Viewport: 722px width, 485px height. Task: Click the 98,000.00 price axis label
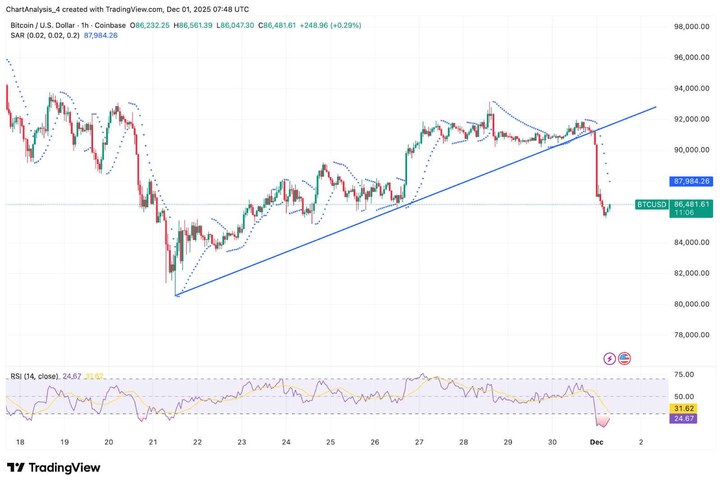tap(691, 27)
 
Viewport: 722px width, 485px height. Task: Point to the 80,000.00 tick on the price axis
tap(691, 304)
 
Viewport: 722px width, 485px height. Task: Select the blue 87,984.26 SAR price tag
tap(691, 182)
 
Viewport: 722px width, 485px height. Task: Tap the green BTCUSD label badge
tap(652, 205)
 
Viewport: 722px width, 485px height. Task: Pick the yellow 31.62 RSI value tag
tap(684, 409)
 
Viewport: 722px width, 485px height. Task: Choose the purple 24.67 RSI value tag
tap(684, 419)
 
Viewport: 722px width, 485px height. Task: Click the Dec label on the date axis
tap(597, 442)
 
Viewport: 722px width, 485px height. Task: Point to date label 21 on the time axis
tap(153, 442)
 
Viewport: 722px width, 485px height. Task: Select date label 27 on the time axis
tap(419, 442)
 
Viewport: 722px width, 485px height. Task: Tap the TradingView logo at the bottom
tap(54, 468)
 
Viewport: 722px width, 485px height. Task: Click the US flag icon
tap(625, 359)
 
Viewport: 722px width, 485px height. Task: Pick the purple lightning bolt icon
tap(610, 359)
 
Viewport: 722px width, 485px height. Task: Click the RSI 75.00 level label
tap(684, 374)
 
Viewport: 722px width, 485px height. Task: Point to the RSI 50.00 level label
tap(684, 396)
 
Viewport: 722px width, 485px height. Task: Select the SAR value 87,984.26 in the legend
tap(101, 36)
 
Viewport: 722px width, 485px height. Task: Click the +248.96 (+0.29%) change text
tap(330, 26)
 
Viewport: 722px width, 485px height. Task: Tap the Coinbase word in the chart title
tap(110, 26)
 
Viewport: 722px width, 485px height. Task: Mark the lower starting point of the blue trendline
tap(176, 296)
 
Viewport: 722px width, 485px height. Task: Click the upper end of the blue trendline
tap(656, 107)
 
